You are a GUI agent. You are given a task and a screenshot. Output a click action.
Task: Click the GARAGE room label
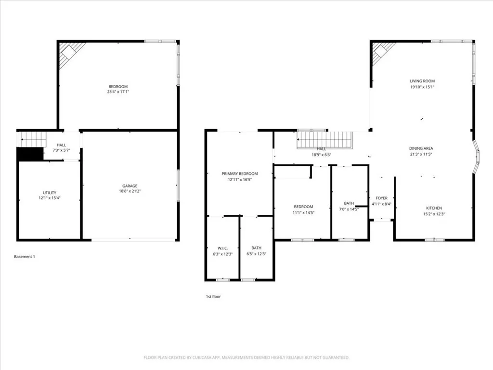130,186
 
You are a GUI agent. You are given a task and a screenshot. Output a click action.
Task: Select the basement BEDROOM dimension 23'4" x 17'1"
118,92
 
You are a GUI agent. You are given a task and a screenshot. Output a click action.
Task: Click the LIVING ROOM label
422,81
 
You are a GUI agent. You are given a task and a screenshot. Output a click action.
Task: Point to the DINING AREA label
421,149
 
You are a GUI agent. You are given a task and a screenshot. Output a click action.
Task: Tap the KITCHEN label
433,208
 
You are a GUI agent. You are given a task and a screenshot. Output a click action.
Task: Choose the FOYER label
381,198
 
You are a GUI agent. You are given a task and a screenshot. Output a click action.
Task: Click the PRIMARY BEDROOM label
239,173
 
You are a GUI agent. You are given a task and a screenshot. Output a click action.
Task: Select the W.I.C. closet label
222,248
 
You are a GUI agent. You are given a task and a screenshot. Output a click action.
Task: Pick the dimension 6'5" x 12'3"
256,254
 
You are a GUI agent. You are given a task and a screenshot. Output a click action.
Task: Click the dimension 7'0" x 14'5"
349,209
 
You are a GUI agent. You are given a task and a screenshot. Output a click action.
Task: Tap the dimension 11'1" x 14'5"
303,212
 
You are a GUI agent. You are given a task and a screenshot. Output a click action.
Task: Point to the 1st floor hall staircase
325,140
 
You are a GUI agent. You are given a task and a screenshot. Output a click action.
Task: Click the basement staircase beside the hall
33,139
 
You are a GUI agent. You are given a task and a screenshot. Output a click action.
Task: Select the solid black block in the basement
30,154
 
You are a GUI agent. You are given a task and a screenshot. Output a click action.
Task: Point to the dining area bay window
477,157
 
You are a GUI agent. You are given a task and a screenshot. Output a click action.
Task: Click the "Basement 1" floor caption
25,257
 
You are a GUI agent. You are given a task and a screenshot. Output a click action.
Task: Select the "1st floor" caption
213,297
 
